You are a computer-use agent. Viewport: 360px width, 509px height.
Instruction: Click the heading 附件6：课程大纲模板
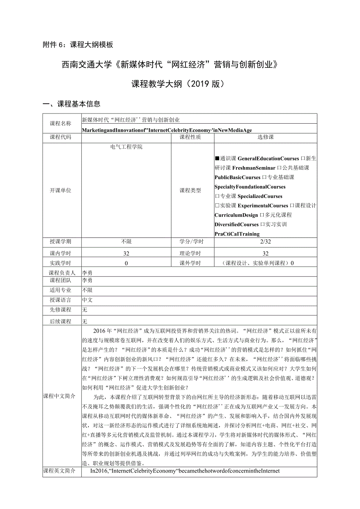coord(77,45)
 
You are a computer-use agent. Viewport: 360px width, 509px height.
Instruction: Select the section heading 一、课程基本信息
coord(71,104)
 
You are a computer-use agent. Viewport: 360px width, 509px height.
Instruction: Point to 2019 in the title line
coord(200,84)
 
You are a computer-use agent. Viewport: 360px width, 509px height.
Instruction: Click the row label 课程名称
coord(61,124)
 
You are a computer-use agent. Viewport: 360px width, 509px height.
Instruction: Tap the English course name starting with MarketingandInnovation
coord(169,129)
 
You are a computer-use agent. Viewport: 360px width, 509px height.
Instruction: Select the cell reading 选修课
coord(266,137)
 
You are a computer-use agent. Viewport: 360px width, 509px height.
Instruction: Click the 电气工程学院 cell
coord(126,147)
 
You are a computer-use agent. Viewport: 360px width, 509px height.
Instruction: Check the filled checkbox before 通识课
coord(217,159)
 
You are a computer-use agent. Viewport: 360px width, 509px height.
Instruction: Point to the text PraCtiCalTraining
coord(237,234)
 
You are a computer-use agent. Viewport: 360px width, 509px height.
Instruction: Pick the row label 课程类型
coord(190,191)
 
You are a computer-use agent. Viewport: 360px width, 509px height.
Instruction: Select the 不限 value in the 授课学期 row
coord(126,242)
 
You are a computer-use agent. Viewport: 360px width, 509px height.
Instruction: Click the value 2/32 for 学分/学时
coord(266,242)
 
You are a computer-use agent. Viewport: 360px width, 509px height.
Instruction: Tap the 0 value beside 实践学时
coord(126,263)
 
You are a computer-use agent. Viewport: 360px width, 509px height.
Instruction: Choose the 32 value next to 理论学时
coord(266,254)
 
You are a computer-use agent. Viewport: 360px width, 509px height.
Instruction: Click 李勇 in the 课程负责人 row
coord(87,273)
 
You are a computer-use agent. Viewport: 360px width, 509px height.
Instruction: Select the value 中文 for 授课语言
coord(87,300)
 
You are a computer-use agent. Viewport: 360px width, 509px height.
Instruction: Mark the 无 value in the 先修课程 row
coord(85,310)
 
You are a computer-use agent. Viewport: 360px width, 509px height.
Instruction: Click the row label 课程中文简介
coord(59,396)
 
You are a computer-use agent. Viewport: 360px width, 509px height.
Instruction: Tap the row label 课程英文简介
coord(59,471)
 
